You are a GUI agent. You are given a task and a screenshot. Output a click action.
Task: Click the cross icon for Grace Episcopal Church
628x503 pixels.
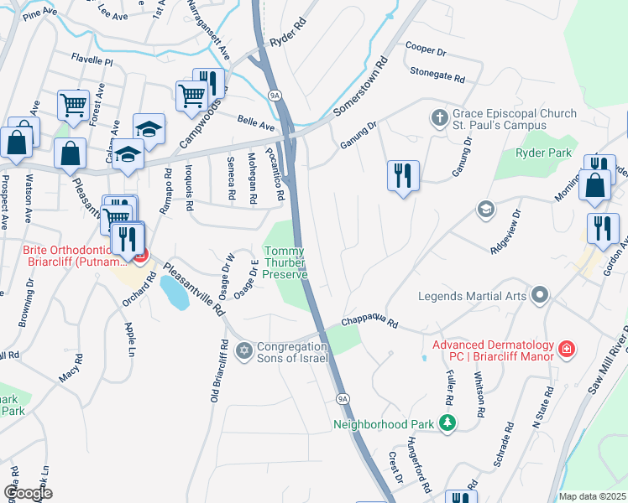439,118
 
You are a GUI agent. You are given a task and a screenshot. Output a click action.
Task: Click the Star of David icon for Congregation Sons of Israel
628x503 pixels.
244,350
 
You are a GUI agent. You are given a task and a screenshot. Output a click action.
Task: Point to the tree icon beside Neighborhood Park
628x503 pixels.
448,423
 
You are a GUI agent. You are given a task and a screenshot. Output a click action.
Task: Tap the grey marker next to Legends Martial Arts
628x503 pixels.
541,295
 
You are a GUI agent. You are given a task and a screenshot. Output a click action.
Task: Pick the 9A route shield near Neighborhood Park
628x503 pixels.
343,398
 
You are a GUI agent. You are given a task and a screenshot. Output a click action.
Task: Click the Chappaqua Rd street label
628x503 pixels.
369,323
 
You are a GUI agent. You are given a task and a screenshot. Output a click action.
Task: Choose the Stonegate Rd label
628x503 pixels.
437,75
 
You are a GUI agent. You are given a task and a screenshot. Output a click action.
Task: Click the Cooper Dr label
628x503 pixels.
424,49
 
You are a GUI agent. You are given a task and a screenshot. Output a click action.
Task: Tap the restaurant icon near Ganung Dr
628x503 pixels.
403,176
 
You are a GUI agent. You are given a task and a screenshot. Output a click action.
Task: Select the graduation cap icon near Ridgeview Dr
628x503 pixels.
484,208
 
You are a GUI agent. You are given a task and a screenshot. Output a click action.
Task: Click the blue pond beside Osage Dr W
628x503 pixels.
173,291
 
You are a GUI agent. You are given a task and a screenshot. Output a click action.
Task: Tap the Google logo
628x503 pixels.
28,493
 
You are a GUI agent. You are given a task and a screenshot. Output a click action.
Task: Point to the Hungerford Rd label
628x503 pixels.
419,464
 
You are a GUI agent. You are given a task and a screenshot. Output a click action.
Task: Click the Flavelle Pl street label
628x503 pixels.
92,61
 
